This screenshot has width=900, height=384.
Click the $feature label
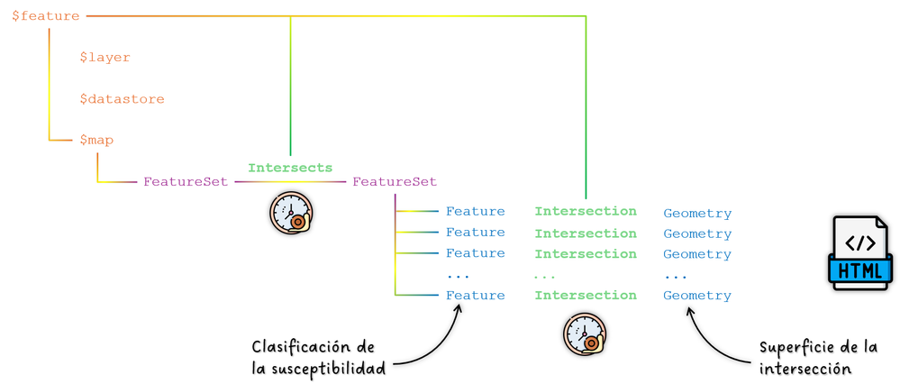pyautogui.click(x=45, y=16)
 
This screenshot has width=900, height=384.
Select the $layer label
pyautogui.click(x=105, y=58)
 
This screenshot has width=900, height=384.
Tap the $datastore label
pyautogui.click(x=122, y=99)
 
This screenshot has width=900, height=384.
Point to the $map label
pyautogui.click(x=96, y=140)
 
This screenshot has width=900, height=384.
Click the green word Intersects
pyautogui.click(x=290, y=168)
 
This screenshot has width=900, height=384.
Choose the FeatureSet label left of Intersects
pyautogui.click(x=186, y=182)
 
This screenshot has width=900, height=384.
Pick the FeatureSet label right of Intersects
pyautogui.click(x=395, y=182)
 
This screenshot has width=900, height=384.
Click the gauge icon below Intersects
pyautogui.click(x=291, y=214)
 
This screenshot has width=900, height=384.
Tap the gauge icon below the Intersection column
pyautogui.click(x=585, y=334)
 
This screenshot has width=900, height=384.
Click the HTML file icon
pyautogui.click(x=860, y=252)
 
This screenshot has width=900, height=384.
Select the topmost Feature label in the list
pyautogui.click(x=476, y=212)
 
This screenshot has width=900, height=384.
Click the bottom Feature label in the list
pyautogui.click(x=476, y=296)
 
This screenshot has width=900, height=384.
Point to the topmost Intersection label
pyautogui.click(x=586, y=212)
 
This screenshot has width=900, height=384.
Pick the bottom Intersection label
pyautogui.click(x=586, y=296)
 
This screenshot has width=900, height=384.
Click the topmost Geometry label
pyautogui.click(x=697, y=214)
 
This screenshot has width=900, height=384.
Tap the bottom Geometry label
pyautogui.click(x=697, y=296)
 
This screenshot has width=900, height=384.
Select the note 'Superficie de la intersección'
pyautogui.click(x=817, y=358)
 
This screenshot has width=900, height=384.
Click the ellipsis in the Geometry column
pyautogui.click(x=676, y=276)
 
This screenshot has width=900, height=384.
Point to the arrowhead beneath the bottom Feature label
pyautogui.click(x=459, y=310)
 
